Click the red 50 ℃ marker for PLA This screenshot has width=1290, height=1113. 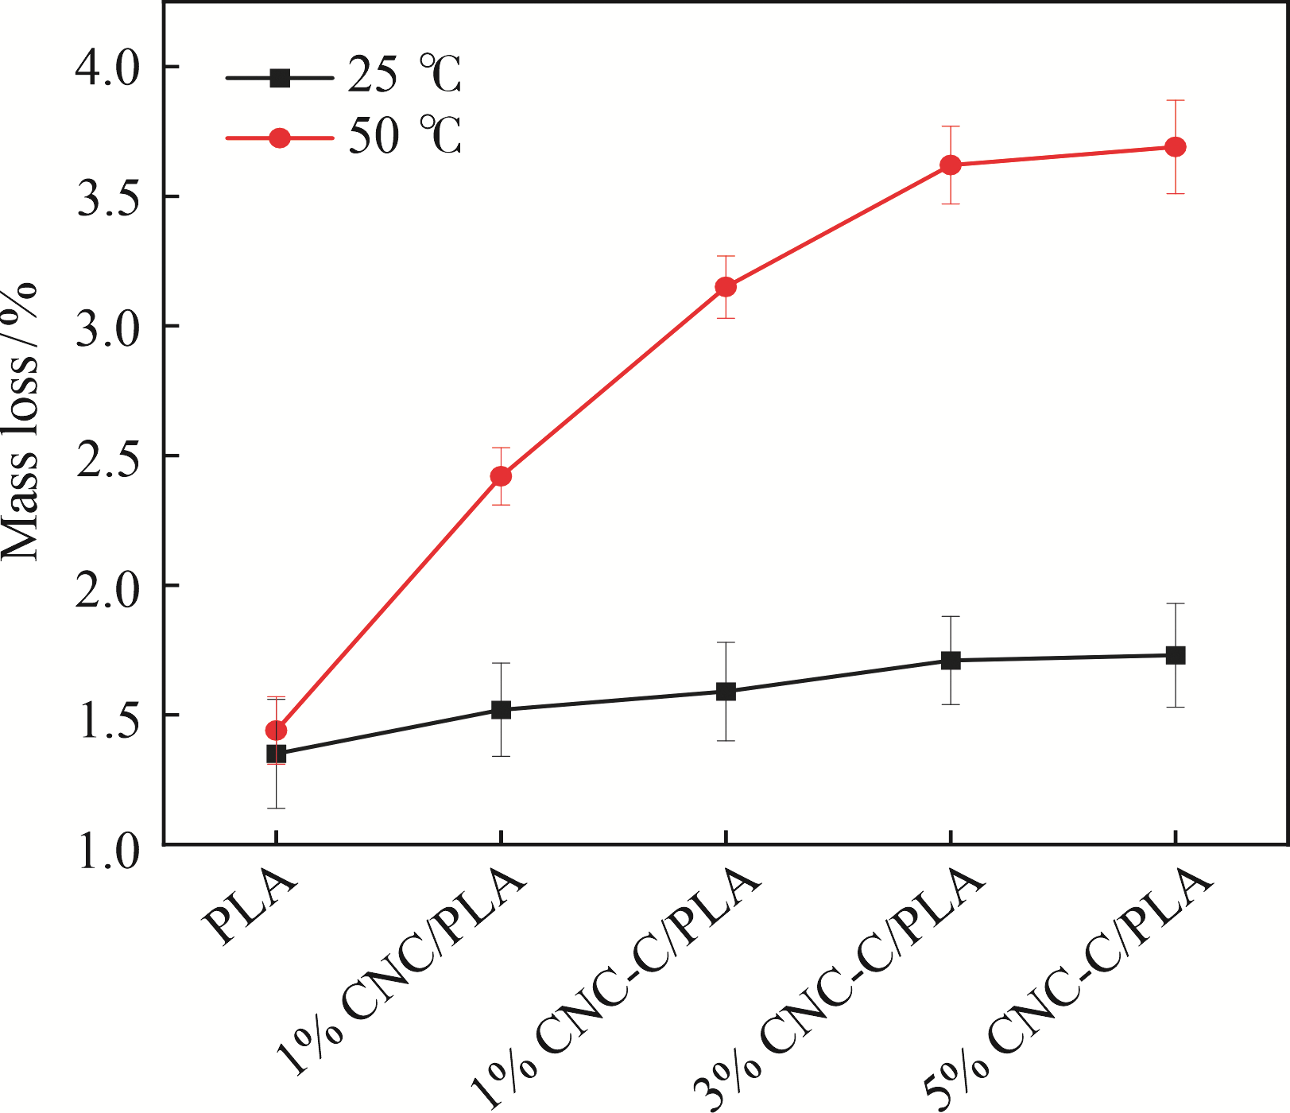(276, 730)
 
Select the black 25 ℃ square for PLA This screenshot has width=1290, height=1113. (276, 754)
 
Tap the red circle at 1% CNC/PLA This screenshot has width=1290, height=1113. (501, 476)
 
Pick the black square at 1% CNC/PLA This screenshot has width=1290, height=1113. (501, 709)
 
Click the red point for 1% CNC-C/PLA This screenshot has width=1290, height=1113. (726, 287)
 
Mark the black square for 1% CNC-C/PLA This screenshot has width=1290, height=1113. (726, 691)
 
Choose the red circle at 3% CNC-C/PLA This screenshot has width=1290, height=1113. (951, 165)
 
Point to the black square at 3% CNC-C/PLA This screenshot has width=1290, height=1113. (951, 660)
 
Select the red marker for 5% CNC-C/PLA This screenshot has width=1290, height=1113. (1175, 147)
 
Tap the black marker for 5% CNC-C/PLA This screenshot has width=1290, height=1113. (1175, 655)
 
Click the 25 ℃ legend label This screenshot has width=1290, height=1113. (405, 77)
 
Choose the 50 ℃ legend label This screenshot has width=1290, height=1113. (405, 137)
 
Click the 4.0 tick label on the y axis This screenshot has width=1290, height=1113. (107, 67)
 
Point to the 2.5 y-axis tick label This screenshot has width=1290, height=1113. (107, 456)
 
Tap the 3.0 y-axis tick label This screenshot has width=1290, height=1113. (107, 327)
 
